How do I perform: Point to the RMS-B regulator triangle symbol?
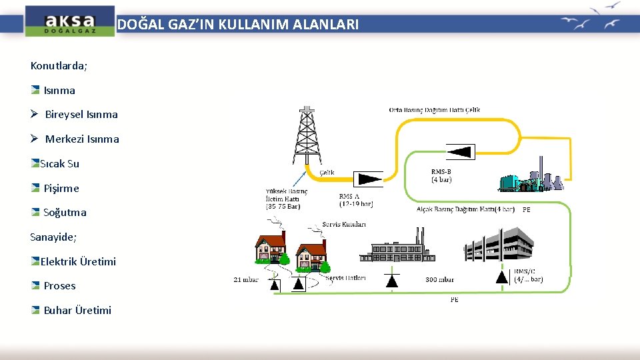click(x=461, y=151)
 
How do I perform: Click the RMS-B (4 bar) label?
click(x=441, y=175)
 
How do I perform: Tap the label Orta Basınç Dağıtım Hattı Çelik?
click(x=434, y=110)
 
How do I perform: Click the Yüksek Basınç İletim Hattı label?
click(x=286, y=198)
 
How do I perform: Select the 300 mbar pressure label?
click(x=439, y=280)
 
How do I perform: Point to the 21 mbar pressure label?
click(x=245, y=280)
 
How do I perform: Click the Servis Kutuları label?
click(x=343, y=224)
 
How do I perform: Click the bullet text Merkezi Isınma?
click(x=82, y=139)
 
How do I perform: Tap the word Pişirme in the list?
click(x=61, y=188)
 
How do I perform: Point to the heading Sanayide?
click(x=53, y=237)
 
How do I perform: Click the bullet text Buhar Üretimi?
click(x=77, y=310)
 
